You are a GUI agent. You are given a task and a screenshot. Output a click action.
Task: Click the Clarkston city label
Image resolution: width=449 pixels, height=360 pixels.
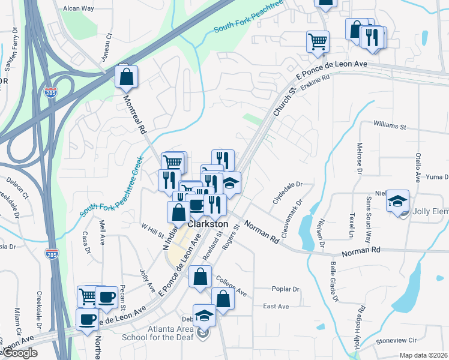click(x=206, y=224)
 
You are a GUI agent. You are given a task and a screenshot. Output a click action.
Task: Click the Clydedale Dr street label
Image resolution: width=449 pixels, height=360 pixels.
click(x=287, y=193)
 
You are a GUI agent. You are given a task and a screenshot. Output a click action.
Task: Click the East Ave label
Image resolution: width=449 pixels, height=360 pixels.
click(x=276, y=307)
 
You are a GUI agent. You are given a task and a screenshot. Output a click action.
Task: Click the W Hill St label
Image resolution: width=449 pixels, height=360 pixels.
click(x=152, y=230)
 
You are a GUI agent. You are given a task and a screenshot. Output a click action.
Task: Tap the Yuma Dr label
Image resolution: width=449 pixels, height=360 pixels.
click(x=438, y=177)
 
